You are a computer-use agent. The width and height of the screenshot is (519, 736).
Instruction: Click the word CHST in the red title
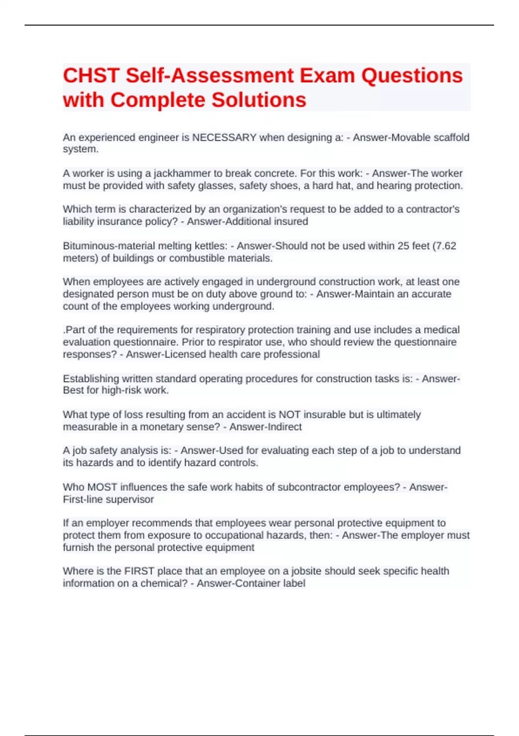click(x=91, y=76)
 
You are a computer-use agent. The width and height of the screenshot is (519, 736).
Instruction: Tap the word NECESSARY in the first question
click(x=224, y=138)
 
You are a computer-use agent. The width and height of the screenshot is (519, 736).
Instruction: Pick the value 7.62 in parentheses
click(x=445, y=246)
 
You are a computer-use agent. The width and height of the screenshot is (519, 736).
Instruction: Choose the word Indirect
click(x=283, y=427)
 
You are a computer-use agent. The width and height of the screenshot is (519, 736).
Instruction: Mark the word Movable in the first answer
click(x=411, y=138)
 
